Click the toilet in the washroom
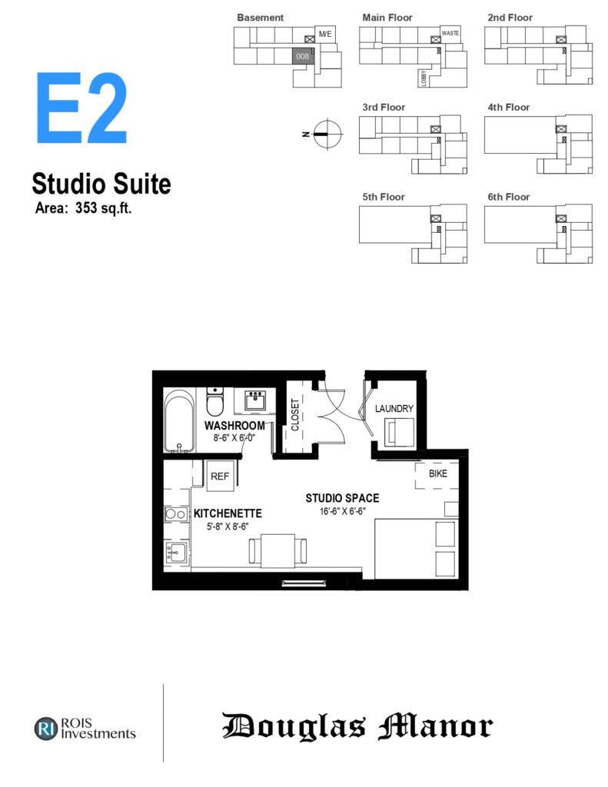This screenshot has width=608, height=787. click(215, 401)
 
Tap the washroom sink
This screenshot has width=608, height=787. click(255, 400)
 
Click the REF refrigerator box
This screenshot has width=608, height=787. click(220, 476)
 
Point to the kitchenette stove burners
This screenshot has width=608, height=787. click(176, 514)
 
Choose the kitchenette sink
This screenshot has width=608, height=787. click(176, 553)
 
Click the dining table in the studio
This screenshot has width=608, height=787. click(277, 550)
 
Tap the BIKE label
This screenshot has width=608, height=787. click(438, 473)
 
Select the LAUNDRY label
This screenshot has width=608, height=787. click(394, 409)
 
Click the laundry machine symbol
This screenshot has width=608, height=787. click(399, 433)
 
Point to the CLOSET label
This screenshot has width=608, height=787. click(294, 414)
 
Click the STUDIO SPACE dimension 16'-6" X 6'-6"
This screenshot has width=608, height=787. click(342, 511)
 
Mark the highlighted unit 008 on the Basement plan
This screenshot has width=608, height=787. click(303, 56)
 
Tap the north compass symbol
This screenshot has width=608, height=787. click(327, 134)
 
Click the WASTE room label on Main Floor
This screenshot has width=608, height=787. click(450, 33)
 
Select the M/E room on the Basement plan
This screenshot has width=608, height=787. click(325, 34)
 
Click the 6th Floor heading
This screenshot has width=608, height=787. click(509, 197)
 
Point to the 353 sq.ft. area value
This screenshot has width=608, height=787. click(104, 208)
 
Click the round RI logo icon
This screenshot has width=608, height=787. click(46, 729)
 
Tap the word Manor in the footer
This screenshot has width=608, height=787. click(435, 726)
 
